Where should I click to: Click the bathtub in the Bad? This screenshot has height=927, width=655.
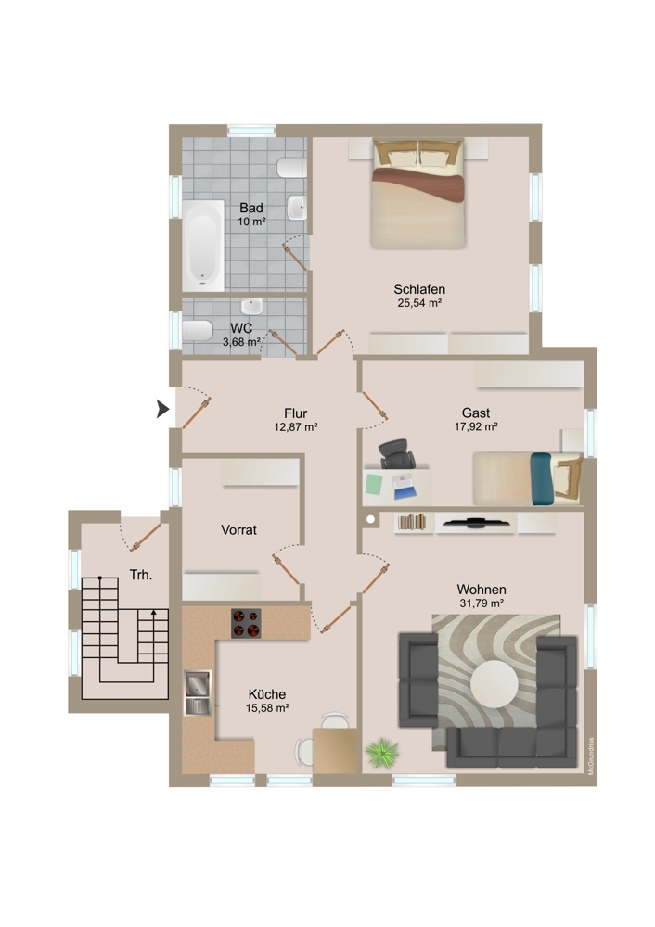203,245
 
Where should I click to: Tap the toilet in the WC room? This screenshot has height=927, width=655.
197,331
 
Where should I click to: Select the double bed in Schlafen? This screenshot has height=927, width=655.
418,194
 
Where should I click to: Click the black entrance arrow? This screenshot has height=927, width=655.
162,409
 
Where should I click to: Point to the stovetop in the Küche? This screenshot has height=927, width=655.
246,623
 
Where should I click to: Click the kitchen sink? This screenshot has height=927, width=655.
198,692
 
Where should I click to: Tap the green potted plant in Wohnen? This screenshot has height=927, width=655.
381,753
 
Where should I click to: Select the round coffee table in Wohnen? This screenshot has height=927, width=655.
494,684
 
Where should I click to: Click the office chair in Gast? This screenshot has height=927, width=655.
396,454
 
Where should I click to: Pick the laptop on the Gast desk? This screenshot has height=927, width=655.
405,484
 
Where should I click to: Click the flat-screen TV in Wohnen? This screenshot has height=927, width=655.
476,522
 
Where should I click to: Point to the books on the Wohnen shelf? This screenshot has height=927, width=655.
412,522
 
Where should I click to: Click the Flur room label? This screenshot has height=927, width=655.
295,413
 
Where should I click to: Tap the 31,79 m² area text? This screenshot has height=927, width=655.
481,603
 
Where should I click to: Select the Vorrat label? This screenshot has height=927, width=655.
239,529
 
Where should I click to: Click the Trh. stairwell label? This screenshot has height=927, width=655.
141,575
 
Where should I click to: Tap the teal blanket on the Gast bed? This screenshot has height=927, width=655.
542,479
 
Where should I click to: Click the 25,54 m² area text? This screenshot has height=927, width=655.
419,303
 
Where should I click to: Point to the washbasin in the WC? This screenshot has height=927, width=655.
250,307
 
